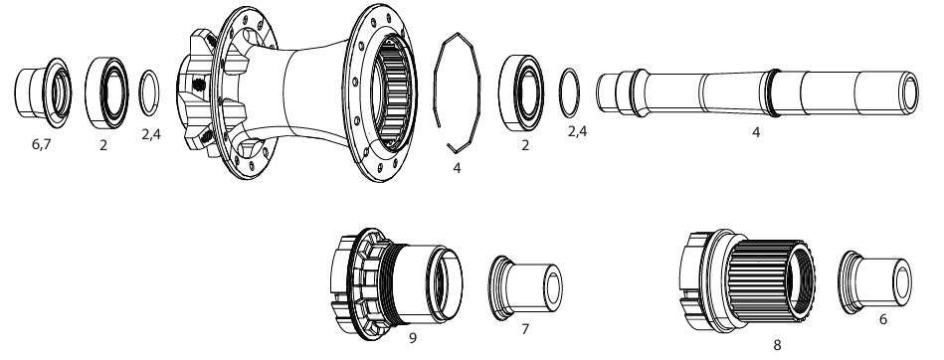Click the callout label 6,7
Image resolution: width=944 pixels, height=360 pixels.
coord(41,145)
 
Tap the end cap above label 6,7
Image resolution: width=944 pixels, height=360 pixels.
coord(43,92)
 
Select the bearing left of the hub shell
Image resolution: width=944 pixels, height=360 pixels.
coord(106,92)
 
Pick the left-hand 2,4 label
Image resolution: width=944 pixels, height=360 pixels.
coord(151,134)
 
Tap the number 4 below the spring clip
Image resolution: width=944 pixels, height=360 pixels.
coord(457,168)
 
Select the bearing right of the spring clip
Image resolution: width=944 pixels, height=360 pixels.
coord(521,92)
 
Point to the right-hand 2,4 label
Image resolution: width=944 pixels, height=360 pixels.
coord(577,132)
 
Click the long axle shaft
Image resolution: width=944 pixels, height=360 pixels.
coord(757,92)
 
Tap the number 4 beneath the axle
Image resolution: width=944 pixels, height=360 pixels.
coord(756,132)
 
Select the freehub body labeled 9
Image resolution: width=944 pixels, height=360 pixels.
coord(396,283)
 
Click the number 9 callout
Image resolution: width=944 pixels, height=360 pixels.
coord(413,338)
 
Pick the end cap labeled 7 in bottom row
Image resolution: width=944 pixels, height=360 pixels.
coord(524,287)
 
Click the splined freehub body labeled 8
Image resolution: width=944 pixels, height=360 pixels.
coord(747,280)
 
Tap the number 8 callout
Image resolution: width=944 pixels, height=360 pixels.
coord(777,345)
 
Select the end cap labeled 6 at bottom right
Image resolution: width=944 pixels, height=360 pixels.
coord(874,281)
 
